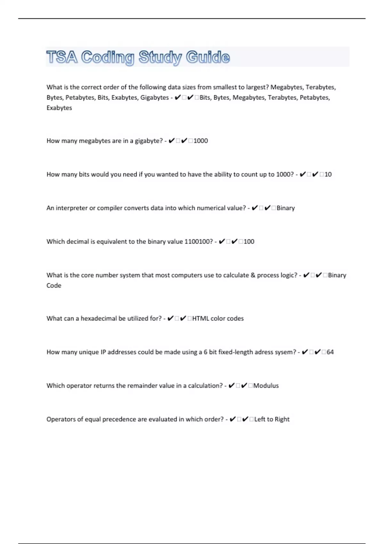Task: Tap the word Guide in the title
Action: [208, 57]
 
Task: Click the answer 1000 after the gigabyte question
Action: [201, 141]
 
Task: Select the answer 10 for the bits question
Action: [328, 174]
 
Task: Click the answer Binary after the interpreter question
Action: [285, 208]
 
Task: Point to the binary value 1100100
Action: [198, 242]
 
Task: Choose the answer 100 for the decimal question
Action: [249, 242]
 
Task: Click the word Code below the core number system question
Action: [54, 285]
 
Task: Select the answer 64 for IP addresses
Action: [330, 352]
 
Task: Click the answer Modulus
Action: [266, 386]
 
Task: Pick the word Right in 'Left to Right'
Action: [282, 419]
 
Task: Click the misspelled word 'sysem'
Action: [284, 352]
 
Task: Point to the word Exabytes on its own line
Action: [59, 108]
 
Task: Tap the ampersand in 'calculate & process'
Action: [253, 275]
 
